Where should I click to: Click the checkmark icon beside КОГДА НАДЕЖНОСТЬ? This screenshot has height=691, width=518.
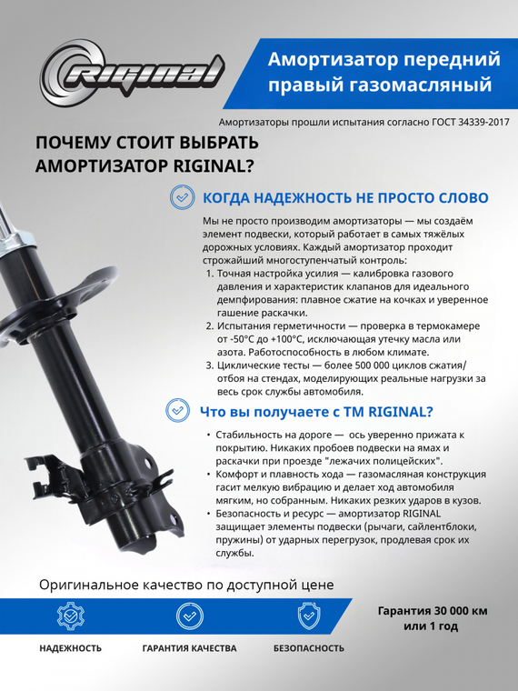[x=183, y=196]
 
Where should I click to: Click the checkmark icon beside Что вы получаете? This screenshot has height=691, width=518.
[x=178, y=411]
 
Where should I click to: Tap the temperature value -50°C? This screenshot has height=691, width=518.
[x=242, y=338]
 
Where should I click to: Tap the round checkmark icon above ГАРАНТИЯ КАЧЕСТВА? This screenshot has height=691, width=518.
[x=189, y=616]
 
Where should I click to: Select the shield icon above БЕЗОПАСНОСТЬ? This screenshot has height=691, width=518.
[x=309, y=616]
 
